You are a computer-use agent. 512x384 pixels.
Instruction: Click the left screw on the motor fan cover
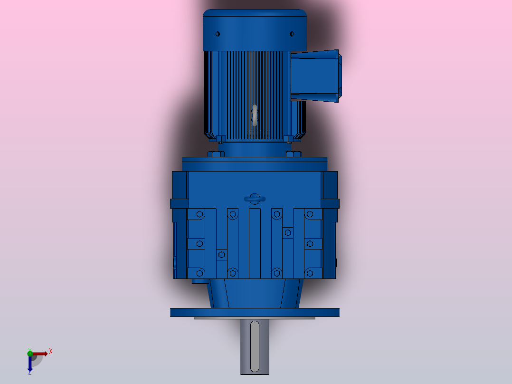pos(218,34)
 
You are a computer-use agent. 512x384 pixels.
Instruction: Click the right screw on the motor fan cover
pos(291,34)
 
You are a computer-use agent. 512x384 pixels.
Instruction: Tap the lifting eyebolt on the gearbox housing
pos(255,199)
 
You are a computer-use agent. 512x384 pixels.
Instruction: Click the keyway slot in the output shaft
pos(255,346)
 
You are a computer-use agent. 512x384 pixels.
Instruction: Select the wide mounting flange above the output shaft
pos(255,312)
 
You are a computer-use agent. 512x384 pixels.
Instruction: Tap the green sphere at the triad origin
pos(30,353)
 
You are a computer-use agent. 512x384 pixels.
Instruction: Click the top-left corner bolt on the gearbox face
pos(199,214)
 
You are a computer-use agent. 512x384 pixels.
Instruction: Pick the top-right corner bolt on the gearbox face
pos(310,214)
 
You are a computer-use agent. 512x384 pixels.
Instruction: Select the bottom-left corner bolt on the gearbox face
pos(199,273)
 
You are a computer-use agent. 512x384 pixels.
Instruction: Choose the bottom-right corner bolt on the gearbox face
pos(310,273)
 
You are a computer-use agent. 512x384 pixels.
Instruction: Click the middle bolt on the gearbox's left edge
pos(199,244)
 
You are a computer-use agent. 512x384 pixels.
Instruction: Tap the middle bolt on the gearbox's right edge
pos(310,244)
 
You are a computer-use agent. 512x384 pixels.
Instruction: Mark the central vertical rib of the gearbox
pos(255,242)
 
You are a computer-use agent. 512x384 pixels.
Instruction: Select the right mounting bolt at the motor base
pos(294,154)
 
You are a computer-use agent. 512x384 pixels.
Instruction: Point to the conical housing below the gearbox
pos(255,293)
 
